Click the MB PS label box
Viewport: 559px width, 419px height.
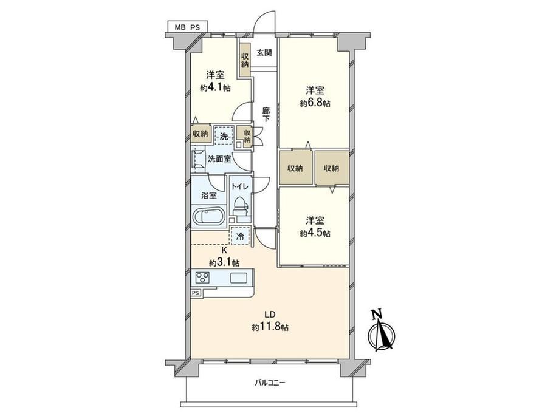pos(188,27)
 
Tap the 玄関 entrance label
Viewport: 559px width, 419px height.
pos(264,53)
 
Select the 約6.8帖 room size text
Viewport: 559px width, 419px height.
pos(315,103)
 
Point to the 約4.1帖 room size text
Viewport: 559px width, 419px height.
pos(215,88)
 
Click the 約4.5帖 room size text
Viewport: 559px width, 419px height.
pos(315,233)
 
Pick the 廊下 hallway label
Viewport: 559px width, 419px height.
pos(266,115)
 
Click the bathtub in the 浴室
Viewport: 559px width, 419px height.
pos(209,216)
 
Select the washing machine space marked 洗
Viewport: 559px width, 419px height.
pos(224,135)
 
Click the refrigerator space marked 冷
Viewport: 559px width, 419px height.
pos(241,236)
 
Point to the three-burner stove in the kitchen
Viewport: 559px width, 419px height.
pos(202,278)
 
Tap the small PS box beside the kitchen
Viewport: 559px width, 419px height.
pos(196,293)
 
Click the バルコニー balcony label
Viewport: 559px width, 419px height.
pos(270,383)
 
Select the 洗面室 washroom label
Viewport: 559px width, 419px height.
pos(219,159)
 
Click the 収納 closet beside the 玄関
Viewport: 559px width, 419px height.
pos(244,60)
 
